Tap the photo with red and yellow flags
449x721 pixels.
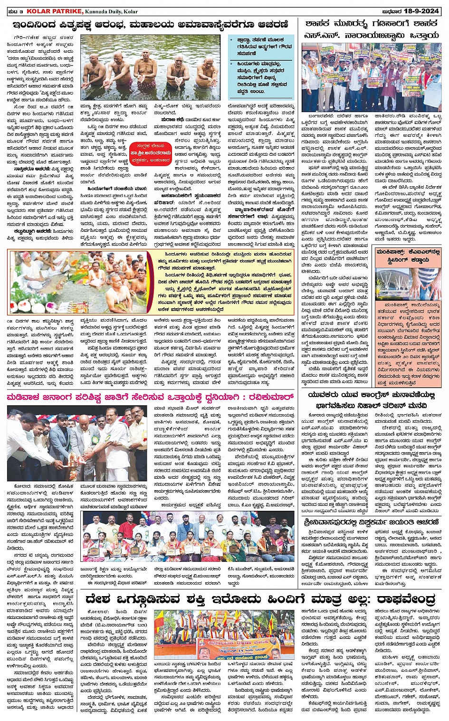[x=226, y=634]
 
